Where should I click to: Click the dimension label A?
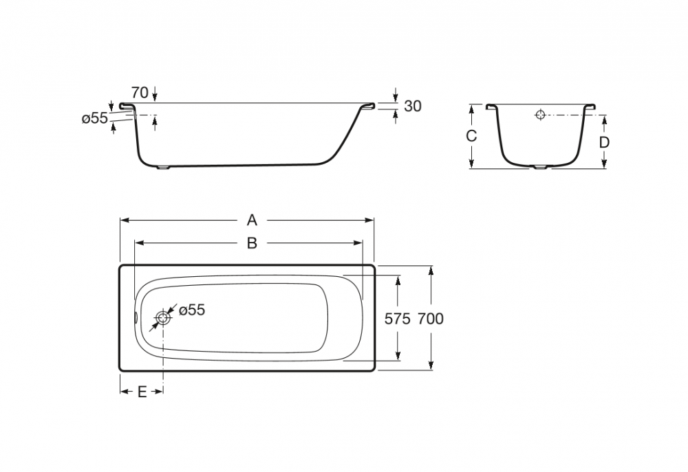coord(252,220)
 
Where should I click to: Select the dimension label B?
coord(252,243)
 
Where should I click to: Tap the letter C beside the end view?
coord(471,136)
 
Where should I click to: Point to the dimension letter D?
coord(604,142)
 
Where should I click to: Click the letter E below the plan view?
coord(142,392)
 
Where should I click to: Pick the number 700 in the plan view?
coord(431,319)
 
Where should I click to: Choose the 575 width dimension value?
coord(398,319)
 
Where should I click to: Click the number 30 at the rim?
coord(412,106)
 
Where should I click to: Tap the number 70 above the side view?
coord(140,93)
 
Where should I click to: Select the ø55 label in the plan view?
coord(192,310)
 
